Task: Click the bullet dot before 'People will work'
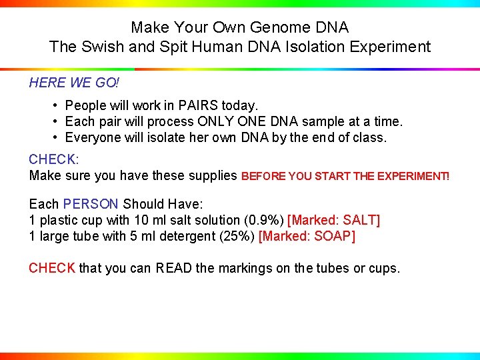[56, 105]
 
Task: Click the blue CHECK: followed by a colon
[54, 160]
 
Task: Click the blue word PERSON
[91, 204]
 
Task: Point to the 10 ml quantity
[147, 220]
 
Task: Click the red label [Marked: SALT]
[333, 220]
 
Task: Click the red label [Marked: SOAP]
[307, 236]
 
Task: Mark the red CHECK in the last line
[52, 268]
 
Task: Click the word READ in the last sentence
[174, 268]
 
